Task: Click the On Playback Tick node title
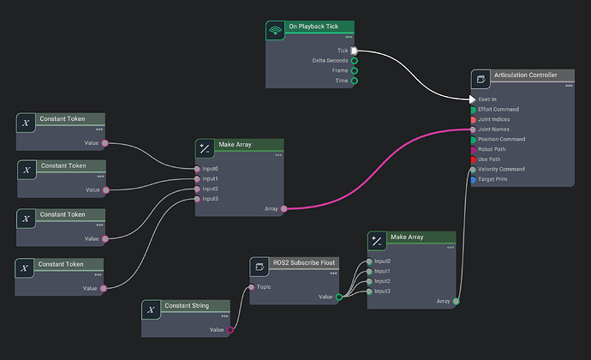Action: (x=313, y=27)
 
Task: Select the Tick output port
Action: (x=354, y=51)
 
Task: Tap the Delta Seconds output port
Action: (x=354, y=61)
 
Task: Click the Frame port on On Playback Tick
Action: (x=354, y=71)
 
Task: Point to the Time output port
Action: (x=354, y=81)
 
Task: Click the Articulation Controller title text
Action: (x=525, y=75)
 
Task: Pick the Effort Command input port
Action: (x=474, y=110)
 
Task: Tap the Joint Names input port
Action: (x=474, y=129)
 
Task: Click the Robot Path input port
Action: (x=474, y=149)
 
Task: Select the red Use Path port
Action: (x=474, y=159)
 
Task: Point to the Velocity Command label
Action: (x=502, y=169)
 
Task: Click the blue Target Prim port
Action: (x=474, y=179)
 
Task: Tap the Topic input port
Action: (x=253, y=287)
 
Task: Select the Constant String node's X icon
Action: (x=152, y=310)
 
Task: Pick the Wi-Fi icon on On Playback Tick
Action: (x=275, y=31)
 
